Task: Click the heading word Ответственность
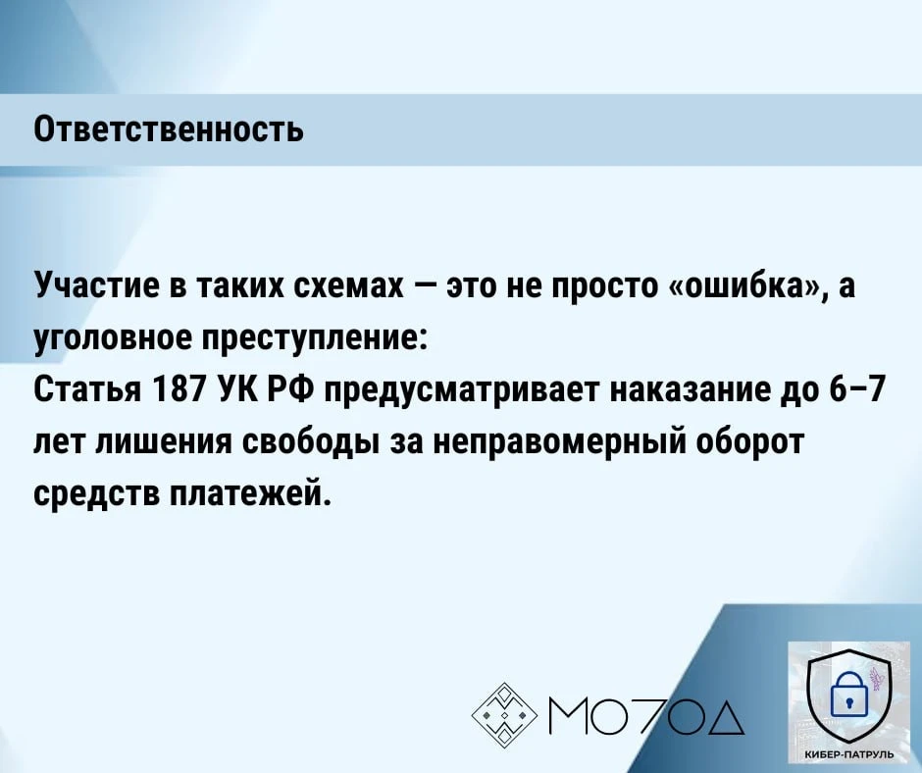point(169,129)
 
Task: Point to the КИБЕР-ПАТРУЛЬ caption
point(847,753)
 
